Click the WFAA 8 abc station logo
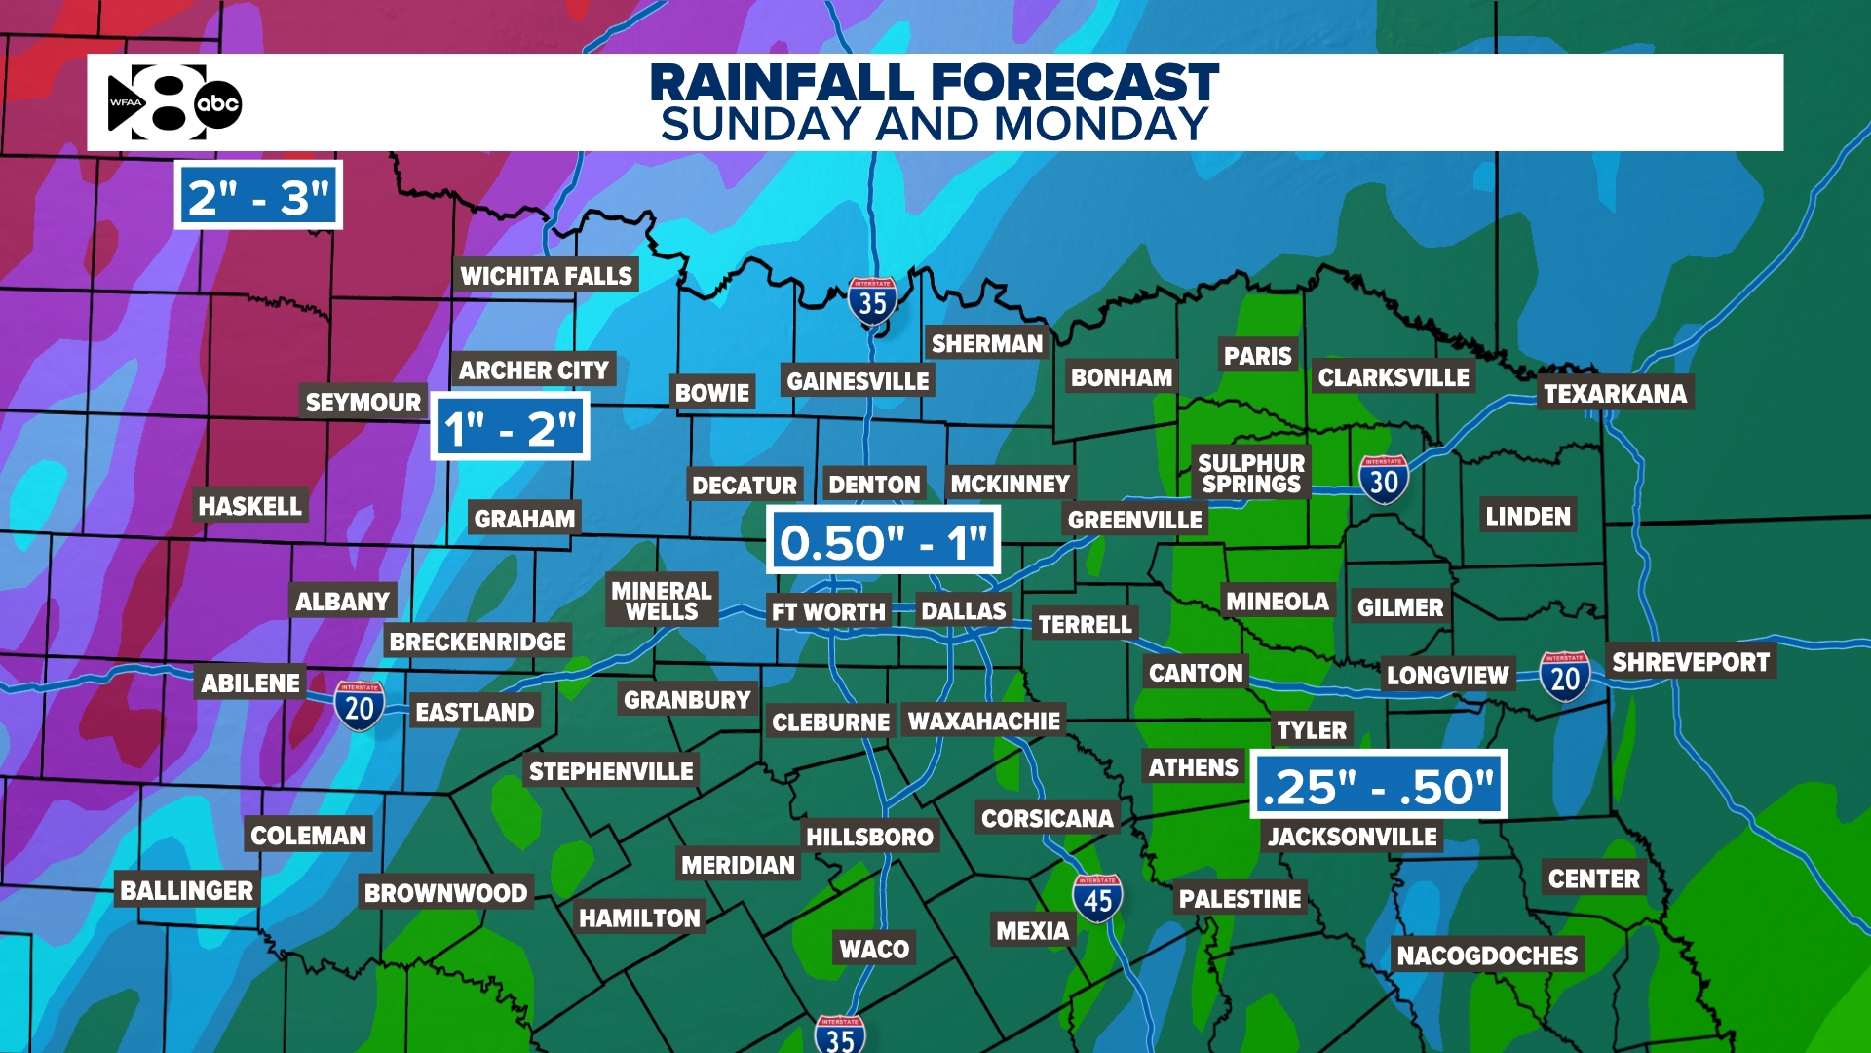point(174,102)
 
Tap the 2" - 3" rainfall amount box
point(258,197)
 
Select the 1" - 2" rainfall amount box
point(510,427)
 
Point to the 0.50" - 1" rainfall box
point(883,541)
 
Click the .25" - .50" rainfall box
point(1378,785)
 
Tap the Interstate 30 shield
point(1384,479)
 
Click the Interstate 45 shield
point(1097,898)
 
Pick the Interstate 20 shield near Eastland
point(360,706)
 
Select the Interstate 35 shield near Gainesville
point(872,301)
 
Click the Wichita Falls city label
point(547,276)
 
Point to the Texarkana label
point(1615,393)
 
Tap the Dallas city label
point(963,611)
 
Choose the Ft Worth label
point(828,612)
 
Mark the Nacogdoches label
point(1487,955)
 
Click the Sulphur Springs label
point(1251,474)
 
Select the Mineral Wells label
point(662,601)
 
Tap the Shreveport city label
point(1691,662)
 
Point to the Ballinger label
point(186,890)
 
